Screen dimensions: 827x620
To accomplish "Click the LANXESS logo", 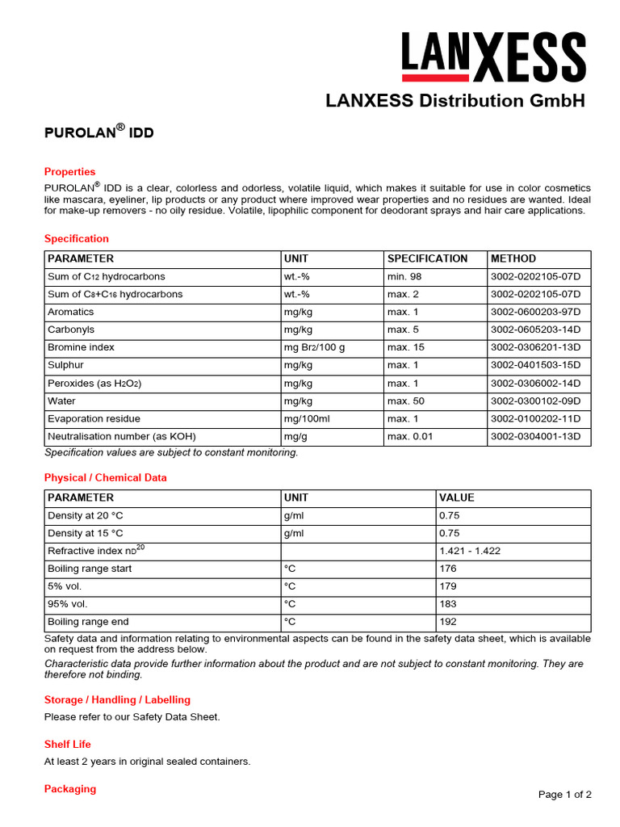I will (x=493, y=57).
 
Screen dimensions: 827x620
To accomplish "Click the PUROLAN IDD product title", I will (x=98, y=132).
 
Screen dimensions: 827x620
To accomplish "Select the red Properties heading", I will (x=69, y=172).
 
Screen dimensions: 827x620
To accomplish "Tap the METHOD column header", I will (x=513, y=259).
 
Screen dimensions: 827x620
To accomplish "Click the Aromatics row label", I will (x=71, y=312).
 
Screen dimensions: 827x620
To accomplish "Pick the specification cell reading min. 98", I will (x=404, y=276).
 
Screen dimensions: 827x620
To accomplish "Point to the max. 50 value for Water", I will (x=404, y=401).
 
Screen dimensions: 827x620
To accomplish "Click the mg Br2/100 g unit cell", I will (x=314, y=347).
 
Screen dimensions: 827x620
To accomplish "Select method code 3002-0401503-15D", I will (x=535, y=365).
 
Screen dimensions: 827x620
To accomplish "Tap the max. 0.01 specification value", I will (x=409, y=436).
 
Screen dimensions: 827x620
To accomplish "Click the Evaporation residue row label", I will (x=94, y=418).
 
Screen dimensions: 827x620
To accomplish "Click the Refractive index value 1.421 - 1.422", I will (x=470, y=551).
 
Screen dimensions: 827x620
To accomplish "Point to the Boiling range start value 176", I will (x=448, y=569).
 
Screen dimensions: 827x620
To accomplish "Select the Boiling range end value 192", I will (x=448, y=622).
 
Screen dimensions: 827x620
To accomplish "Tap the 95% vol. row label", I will (x=68, y=604).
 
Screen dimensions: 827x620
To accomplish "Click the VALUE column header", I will (x=457, y=498).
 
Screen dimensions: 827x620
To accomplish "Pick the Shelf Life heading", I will (x=68, y=744).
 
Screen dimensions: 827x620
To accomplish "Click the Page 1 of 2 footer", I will (x=564, y=795).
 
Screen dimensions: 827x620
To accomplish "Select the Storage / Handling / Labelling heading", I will (x=117, y=699).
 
